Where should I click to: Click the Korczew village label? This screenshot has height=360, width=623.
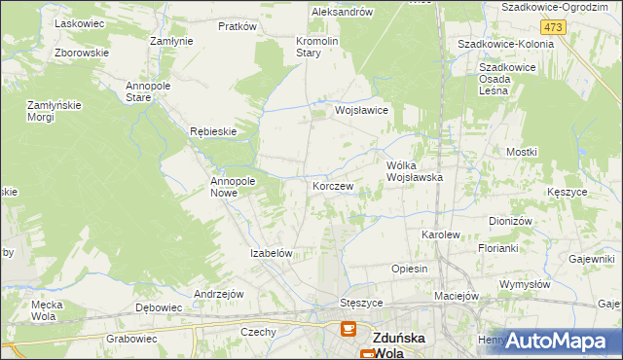coord(332,184)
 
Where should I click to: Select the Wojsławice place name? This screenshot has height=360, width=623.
coord(361,111)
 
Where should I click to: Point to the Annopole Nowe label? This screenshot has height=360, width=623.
coord(233,187)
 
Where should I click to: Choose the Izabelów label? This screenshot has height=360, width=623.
coord(272,253)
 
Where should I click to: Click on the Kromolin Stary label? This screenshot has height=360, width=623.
coord(316,48)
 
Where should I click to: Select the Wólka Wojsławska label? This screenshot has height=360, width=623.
coord(415,171)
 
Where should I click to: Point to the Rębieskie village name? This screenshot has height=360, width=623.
coord(213,130)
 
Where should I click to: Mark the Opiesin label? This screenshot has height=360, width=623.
coord(409,269)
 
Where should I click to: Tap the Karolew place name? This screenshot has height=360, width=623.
coord(439,235)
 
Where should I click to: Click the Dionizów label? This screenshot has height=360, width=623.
coord(510,221)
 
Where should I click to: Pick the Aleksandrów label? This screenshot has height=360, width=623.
coord(342,12)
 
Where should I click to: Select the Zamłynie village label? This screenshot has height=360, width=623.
coord(170,41)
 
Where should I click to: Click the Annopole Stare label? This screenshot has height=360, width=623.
coord(149,91)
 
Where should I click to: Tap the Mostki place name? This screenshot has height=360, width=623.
coord(522,153)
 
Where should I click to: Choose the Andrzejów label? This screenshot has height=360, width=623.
coord(218,293)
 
